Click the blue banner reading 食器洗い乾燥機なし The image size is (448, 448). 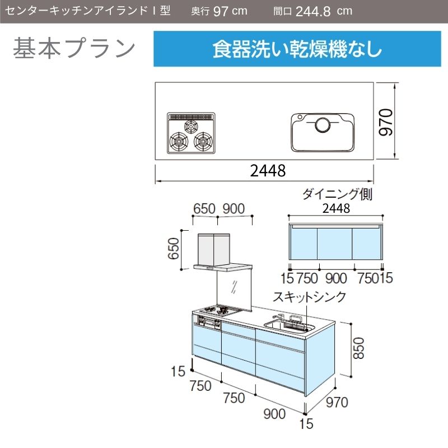tap(297, 49)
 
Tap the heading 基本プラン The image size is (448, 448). tap(74, 48)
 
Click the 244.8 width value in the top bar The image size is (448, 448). tap(313, 11)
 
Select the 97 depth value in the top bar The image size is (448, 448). tap(221, 11)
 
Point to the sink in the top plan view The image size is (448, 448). tap(323, 132)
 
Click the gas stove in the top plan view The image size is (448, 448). tap(191, 133)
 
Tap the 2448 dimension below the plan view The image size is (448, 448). tap(268, 171)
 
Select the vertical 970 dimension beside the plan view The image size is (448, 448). tap(386, 122)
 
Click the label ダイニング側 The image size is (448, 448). tap(337, 194)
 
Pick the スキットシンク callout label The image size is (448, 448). tap(310, 297)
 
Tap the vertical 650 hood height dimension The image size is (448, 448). tap(174, 249)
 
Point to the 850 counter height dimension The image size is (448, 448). tap(358, 348)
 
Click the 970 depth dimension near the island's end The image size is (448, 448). tap(337, 402)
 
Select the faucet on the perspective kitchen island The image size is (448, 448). tap(278, 318)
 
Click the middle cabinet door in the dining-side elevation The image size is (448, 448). tap(335, 244)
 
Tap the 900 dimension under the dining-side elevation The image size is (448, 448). tap(336, 278)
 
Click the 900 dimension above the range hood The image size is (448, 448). tap(234, 209)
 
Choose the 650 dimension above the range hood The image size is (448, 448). tap(204, 209)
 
